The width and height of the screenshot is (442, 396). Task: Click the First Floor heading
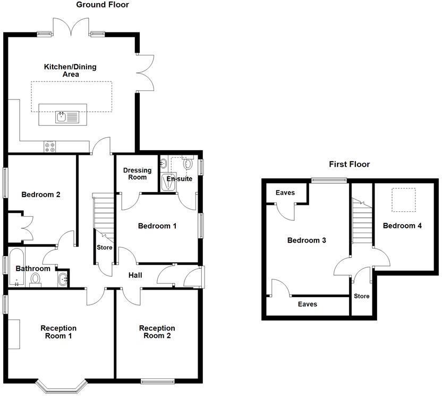(x=349, y=164)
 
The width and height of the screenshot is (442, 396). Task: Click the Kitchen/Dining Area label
(x=70, y=70)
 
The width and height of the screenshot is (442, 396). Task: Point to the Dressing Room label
(x=137, y=174)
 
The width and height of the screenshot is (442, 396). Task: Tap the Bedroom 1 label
(x=157, y=226)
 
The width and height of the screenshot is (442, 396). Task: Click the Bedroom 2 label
(x=40, y=195)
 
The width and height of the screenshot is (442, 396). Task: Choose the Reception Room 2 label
(x=157, y=332)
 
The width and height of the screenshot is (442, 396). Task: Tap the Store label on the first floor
(x=361, y=296)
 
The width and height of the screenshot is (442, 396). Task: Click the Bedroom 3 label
(x=307, y=241)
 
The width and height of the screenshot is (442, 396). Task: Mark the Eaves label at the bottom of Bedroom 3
(x=307, y=304)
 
